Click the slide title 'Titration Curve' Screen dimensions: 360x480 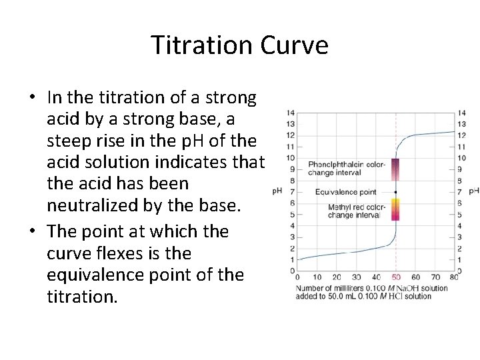pyautogui.click(x=239, y=46)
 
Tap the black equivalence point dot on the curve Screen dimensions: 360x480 pyautogui.click(x=396, y=192)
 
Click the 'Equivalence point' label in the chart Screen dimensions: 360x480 pyautogui.click(x=346, y=192)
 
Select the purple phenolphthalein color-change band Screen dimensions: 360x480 pyautogui.click(x=395, y=170)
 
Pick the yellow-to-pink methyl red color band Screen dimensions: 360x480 pyautogui.click(x=395, y=209)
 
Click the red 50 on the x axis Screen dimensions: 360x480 pyautogui.click(x=396, y=276)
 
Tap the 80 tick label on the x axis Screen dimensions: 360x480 pyautogui.click(x=455, y=276)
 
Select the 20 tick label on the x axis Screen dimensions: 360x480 pyautogui.click(x=337, y=276)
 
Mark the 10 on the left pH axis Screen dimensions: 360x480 pyautogui.click(x=290, y=158)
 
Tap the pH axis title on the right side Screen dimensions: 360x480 pyautogui.click(x=474, y=192)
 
